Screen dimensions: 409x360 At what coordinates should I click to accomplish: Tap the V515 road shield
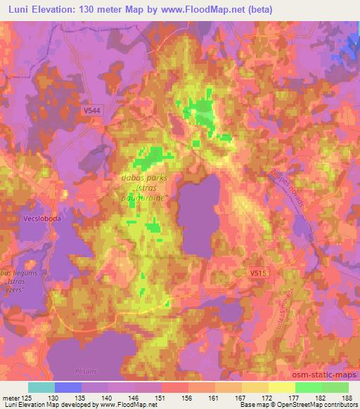coord(258,270)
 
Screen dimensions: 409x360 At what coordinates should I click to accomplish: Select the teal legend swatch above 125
coord(41,388)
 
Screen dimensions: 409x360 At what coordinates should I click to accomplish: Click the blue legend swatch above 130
coord(68,388)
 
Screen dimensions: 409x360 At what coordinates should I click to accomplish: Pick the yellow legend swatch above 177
coord(282,388)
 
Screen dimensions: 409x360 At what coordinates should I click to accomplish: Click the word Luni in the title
coord(17,11)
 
